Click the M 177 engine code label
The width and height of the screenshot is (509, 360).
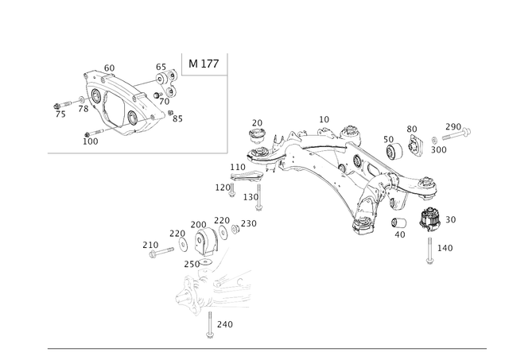pyautogui.click(x=204, y=64)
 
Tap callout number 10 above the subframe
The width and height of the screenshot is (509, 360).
pyautogui.click(x=324, y=120)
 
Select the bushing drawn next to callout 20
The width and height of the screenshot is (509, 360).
pyautogui.click(x=257, y=136)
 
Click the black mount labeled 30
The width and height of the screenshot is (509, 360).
pyautogui.click(x=429, y=219)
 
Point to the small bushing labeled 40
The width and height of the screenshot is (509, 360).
pyautogui.click(x=399, y=223)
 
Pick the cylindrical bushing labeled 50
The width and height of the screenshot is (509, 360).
pyautogui.click(x=394, y=151)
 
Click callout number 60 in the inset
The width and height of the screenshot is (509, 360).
pyautogui.click(x=109, y=68)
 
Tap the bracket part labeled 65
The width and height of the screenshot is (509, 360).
pyautogui.click(x=168, y=83)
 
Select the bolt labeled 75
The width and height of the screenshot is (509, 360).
pyautogui.click(x=63, y=105)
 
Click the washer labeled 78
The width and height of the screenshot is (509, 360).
pyautogui.click(x=81, y=99)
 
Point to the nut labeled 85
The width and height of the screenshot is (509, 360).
pyautogui.click(x=170, y=113)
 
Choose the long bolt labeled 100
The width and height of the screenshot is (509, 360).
pyautogui.click(x=94, y=133)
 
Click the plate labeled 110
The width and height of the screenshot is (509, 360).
pyautogui.click(x=246, y=176)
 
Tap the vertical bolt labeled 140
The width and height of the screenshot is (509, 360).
pyautogui.click(x=429, y=250)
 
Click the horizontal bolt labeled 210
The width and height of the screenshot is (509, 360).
pyautogui.click(x=161, y=252)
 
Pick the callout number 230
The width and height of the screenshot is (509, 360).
pyautogui.click(x=249, y=224)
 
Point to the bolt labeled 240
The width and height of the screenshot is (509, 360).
pyautogui.click(x=210, y=325)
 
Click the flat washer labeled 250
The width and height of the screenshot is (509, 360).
pyautogui.click(x=205, y=261)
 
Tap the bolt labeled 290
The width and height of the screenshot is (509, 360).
pyautogui.click(x=456, y=134)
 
